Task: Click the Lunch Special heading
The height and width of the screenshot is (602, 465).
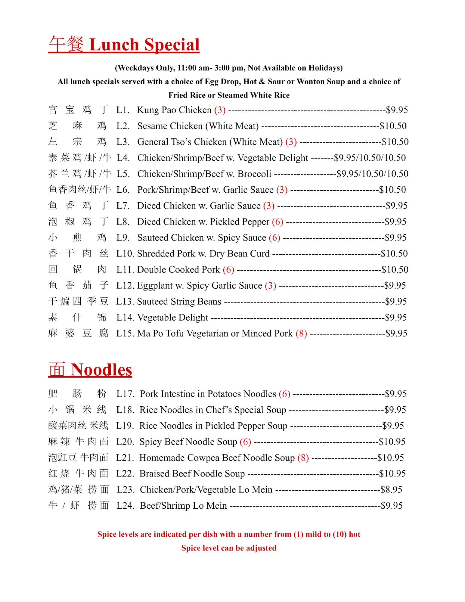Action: tap(124, 45)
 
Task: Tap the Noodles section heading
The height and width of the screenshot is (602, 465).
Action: tap(90, 370)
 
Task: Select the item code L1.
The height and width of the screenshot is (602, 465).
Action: tap(123, 110)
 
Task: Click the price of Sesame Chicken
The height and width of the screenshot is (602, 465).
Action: tap(393, 126)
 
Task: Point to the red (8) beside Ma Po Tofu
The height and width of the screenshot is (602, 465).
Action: tap(301, 334)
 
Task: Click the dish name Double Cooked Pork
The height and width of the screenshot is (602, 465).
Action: tap(178, 270)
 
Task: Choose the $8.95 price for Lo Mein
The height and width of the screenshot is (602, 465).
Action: tap(391, 489)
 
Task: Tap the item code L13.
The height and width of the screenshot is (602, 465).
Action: tap(125, 302)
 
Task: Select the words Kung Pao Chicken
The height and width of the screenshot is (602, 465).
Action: tap(174, 110)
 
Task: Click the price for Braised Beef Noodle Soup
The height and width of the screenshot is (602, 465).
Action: tap(392, 473)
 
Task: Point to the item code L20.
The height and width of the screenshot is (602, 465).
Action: tap(125, 442)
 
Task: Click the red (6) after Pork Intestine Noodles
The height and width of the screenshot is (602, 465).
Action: tap(284, 394)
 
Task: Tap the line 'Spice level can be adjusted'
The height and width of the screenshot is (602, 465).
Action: tap(229, 548)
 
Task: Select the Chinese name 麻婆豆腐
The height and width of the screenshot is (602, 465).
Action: tap(78, 333)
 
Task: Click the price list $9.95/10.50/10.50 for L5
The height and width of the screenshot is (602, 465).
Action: tap(372, 174)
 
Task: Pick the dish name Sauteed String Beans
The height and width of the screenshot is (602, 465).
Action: tap(179, 302)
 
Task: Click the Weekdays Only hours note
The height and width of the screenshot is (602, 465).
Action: tap(229, 68)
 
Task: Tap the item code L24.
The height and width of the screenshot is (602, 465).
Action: tap(125, 505)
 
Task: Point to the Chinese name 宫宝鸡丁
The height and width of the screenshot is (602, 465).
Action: tap(78, 110)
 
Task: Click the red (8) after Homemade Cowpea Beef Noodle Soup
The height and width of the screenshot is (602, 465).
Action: tap(303, 458)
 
